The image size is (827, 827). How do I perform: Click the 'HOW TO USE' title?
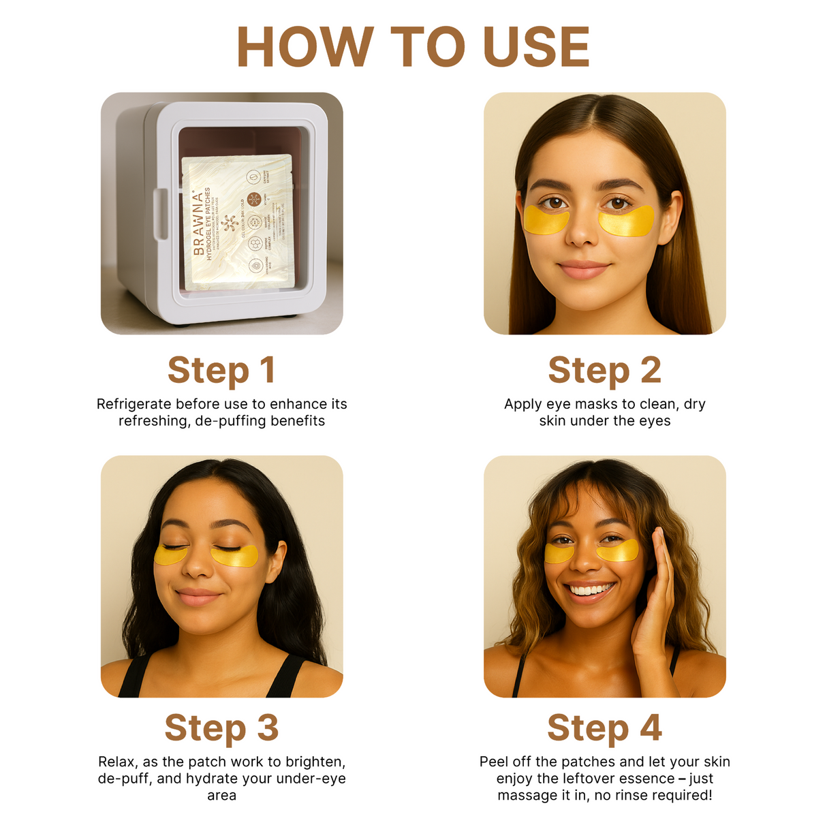413,47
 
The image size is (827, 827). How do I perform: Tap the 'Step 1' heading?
221,370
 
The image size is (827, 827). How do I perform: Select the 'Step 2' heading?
604,370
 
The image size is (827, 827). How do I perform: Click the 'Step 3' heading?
221,728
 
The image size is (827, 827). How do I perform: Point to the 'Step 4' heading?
604,728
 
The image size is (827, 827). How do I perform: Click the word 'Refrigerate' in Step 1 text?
134,404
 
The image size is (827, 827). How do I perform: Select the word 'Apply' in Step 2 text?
522,404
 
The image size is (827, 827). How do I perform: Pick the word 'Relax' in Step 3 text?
116,762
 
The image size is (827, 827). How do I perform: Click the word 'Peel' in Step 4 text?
495,762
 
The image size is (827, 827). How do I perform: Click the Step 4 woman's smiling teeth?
591,589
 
